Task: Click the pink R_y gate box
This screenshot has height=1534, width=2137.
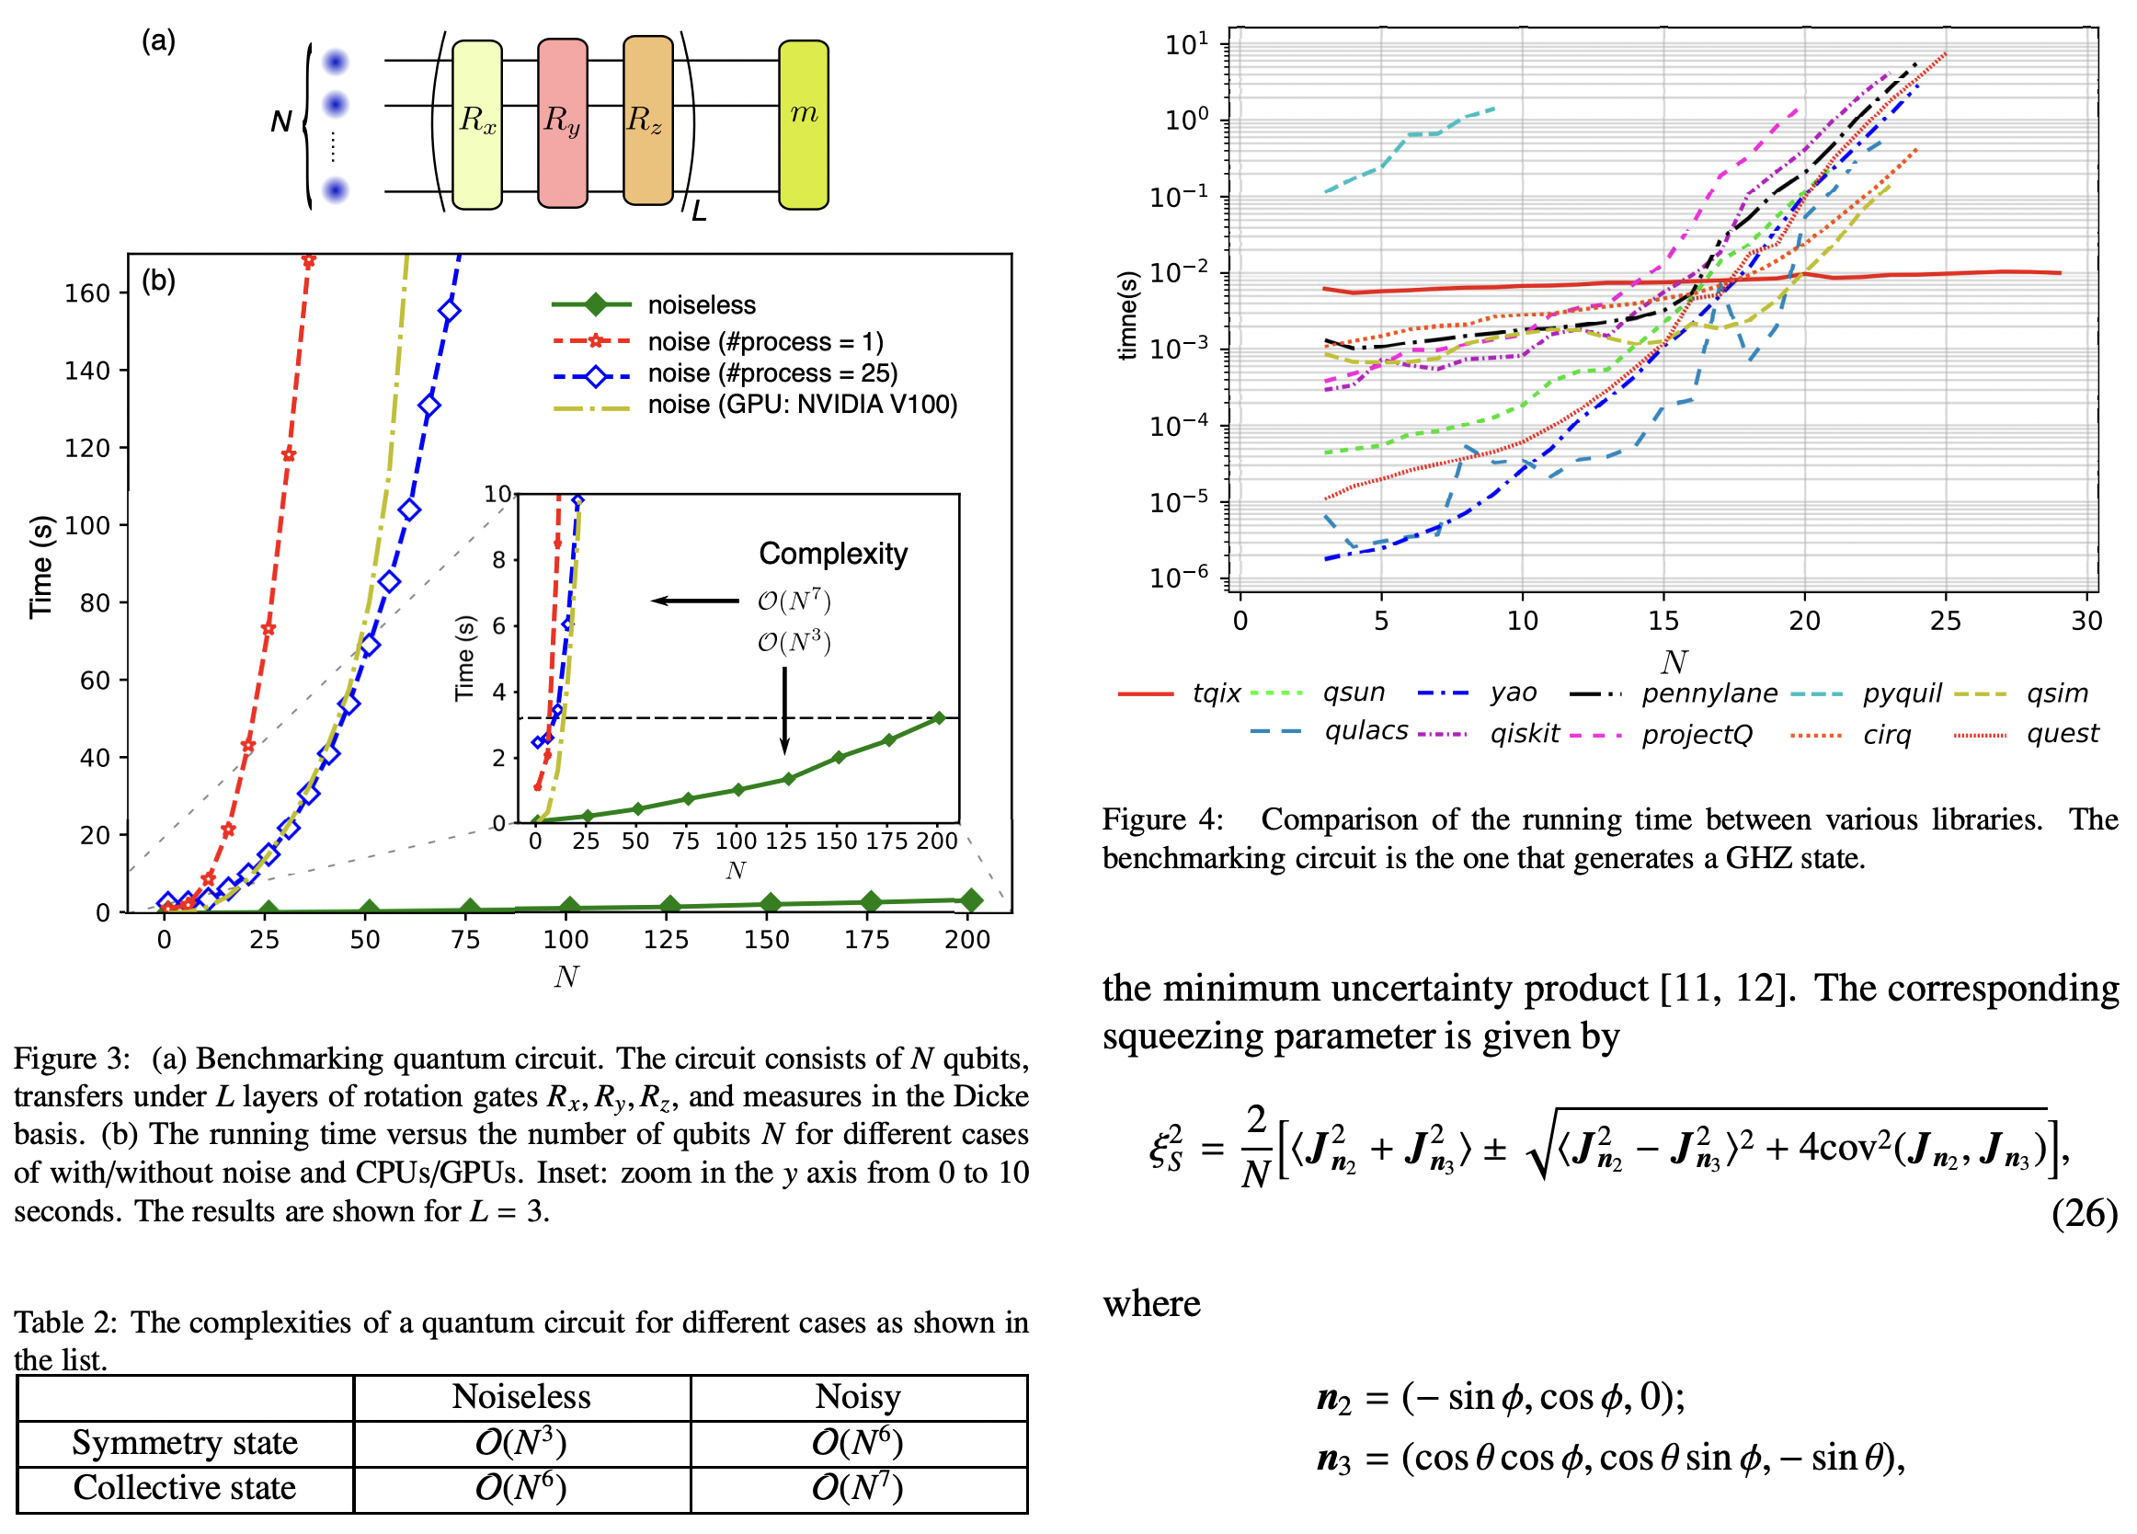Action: pos(563,123)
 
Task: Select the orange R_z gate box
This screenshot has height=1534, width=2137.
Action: pos(647,120)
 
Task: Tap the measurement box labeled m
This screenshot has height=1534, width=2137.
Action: pos(803,123)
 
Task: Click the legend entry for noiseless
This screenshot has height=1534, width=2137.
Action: pos(700,305)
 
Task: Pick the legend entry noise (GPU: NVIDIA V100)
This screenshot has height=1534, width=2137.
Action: pos(801,406)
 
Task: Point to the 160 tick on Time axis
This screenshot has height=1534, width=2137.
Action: pos(86,294)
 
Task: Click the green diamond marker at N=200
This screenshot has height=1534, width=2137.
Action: pos(970,900)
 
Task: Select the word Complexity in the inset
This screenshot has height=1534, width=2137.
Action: pos(833,554)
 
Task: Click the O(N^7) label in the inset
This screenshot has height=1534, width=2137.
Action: pos(794,601)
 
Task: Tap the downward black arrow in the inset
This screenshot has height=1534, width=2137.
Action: pos(784,711)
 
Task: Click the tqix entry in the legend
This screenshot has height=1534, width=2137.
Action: pos(1216,693)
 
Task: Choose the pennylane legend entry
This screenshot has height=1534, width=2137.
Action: pos(1708,693)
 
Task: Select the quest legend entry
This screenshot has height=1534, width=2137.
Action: pos(2062,734)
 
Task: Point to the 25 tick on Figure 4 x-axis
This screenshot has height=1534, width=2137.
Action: pos(1945,621)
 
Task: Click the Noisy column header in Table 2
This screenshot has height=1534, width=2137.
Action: pos(857,1397)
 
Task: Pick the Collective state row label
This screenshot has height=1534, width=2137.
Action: pos(185,1488)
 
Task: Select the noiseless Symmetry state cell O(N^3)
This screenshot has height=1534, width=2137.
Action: pos(521,1443)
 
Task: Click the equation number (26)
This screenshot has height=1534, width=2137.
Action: pos(2084,1214)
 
